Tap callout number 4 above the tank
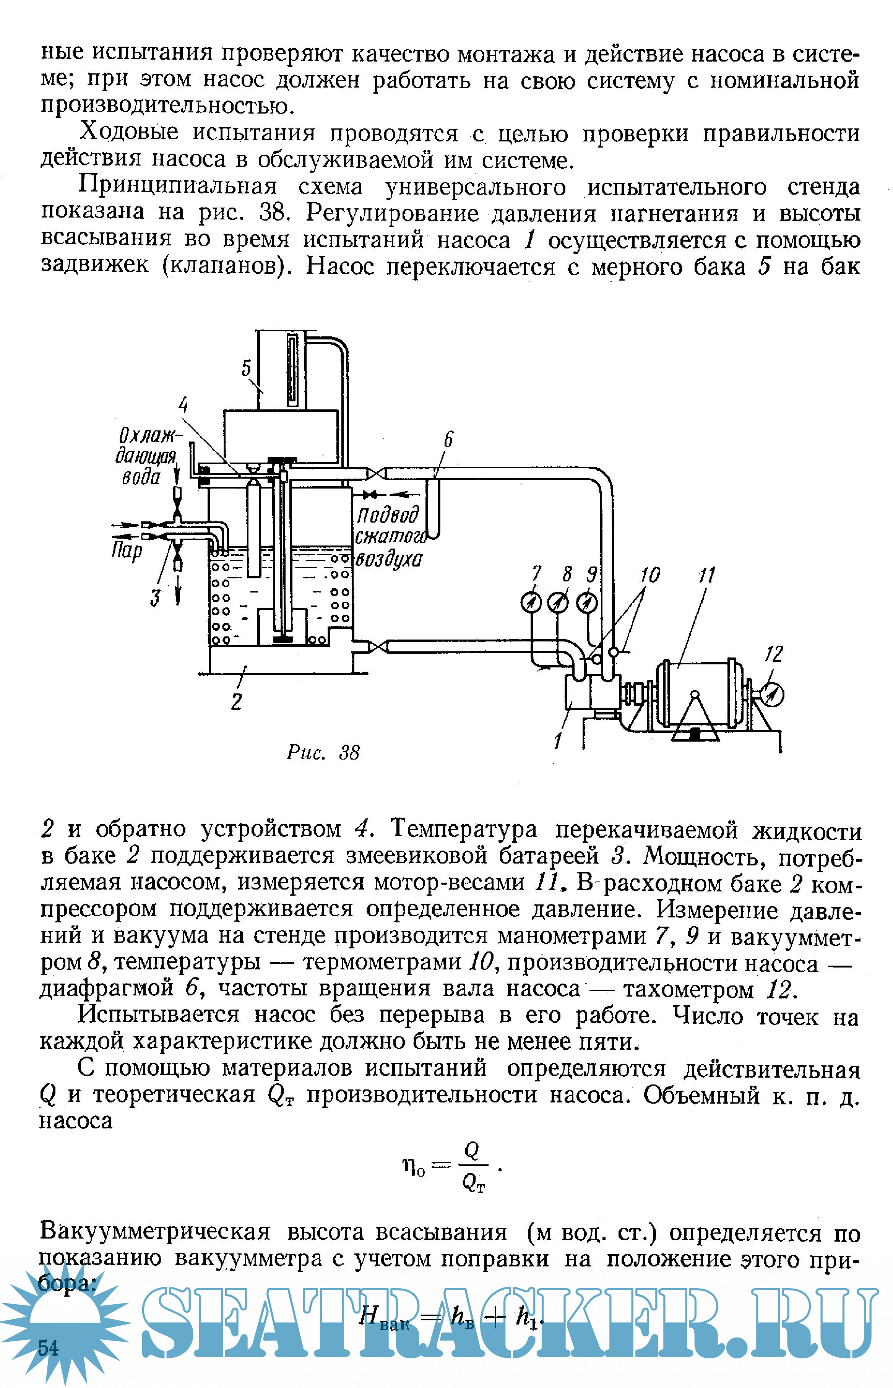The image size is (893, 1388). (x=183, y=405)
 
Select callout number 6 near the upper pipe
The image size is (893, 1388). (x=448, y=440)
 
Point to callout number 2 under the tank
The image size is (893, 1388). (x=236, y=701)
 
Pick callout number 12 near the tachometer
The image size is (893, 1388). (x=774, y=654)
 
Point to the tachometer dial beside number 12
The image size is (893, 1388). (x=773, y=694)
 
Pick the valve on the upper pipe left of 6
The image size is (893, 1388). (x=376, y=474)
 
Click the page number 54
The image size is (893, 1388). (x=48, y=1347)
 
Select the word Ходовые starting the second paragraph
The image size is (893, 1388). (x=129, y=133)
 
